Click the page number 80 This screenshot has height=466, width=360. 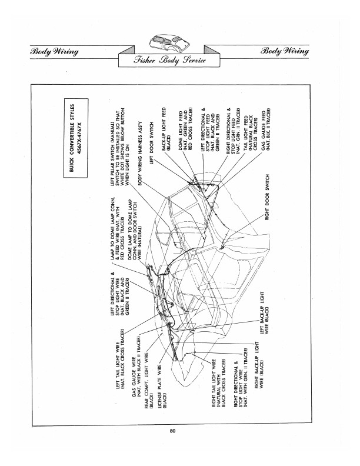[x=173, y=431]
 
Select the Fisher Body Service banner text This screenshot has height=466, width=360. [x=170, y=61]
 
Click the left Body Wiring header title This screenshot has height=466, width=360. [x=54, y=51]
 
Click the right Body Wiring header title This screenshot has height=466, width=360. [x=285, y=51]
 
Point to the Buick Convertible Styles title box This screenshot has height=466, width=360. [x=76, y=138]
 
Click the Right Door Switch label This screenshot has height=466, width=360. [x=267, y=197]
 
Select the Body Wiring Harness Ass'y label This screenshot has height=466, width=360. [x=141, y=153]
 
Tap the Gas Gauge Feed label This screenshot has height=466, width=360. [x=266, y=131]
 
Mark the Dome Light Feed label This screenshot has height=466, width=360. [x=185, y=129]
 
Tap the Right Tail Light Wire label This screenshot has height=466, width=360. [x=218, y=383]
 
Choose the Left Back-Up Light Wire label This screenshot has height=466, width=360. [x=264, y=313]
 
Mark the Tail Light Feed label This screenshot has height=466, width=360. [x=250, y=130]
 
